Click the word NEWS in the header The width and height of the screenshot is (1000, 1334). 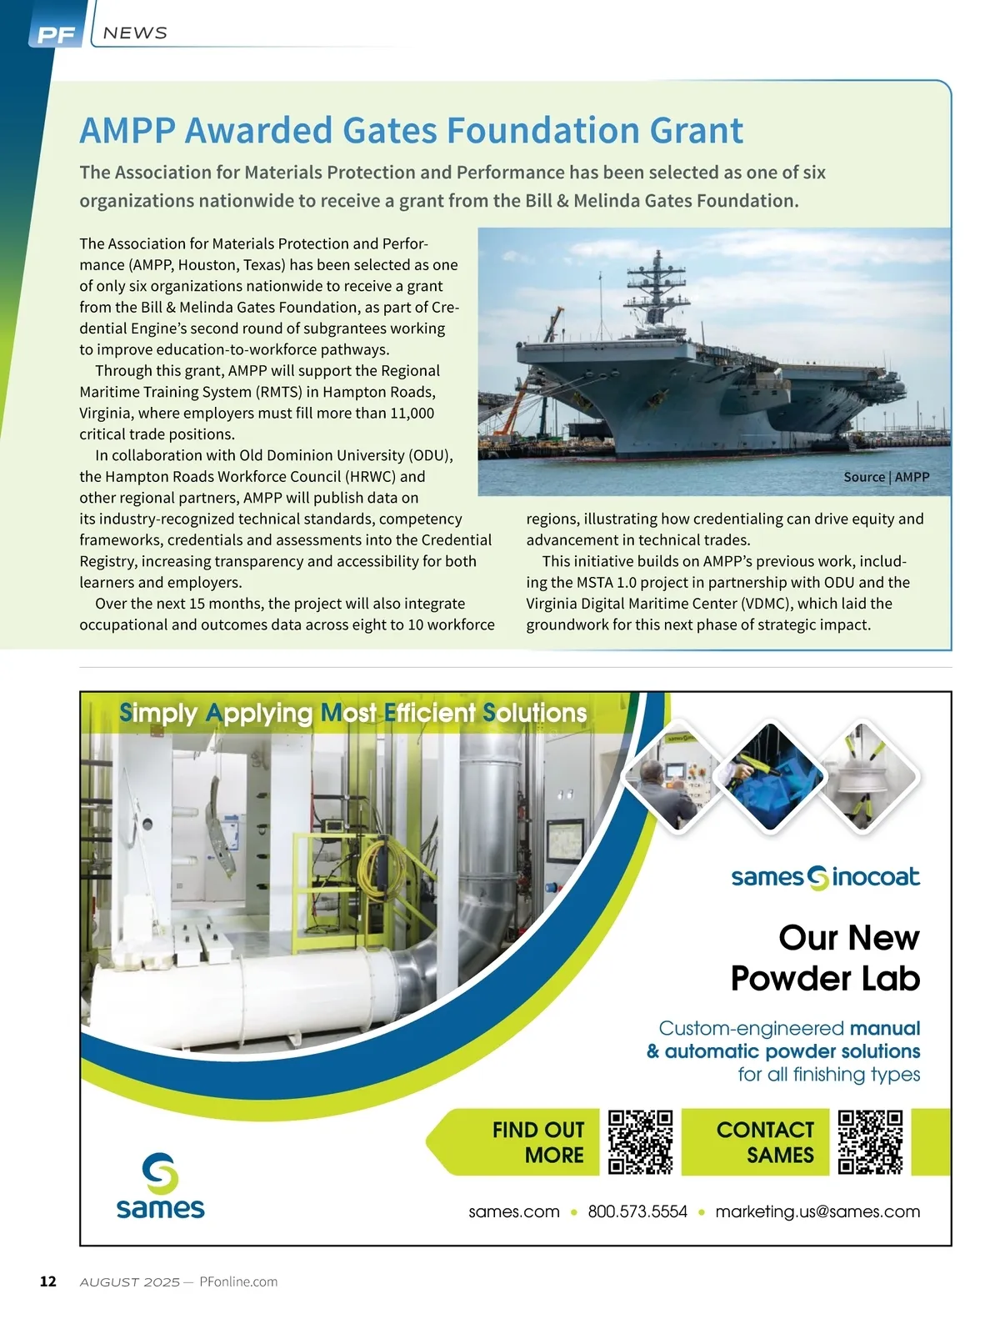tap(135, 33)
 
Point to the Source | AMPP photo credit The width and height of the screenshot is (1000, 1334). tap(886, 477)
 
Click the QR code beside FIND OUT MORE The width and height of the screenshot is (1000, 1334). tap(640, 1141)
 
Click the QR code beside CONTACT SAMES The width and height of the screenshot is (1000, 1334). tap(870, 1141)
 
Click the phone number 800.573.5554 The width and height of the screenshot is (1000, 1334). tap(637, 1211)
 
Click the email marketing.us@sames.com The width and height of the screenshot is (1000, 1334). tap(817, 1211)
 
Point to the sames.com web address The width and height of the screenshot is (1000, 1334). tap(514, 1211)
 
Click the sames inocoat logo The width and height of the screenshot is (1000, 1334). tap(825, 877)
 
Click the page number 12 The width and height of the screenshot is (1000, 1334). tap(48, 1281)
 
